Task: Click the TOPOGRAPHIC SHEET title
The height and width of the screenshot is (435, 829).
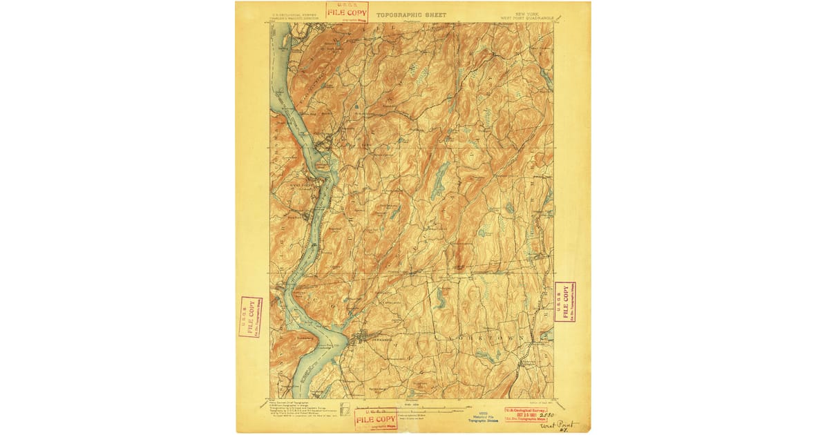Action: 411,14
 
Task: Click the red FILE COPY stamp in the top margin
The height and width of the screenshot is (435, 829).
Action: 347,12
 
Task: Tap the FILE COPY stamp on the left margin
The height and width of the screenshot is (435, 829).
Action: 250,317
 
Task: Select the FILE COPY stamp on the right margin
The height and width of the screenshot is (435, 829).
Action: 564,302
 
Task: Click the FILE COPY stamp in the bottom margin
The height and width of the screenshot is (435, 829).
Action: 375,419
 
